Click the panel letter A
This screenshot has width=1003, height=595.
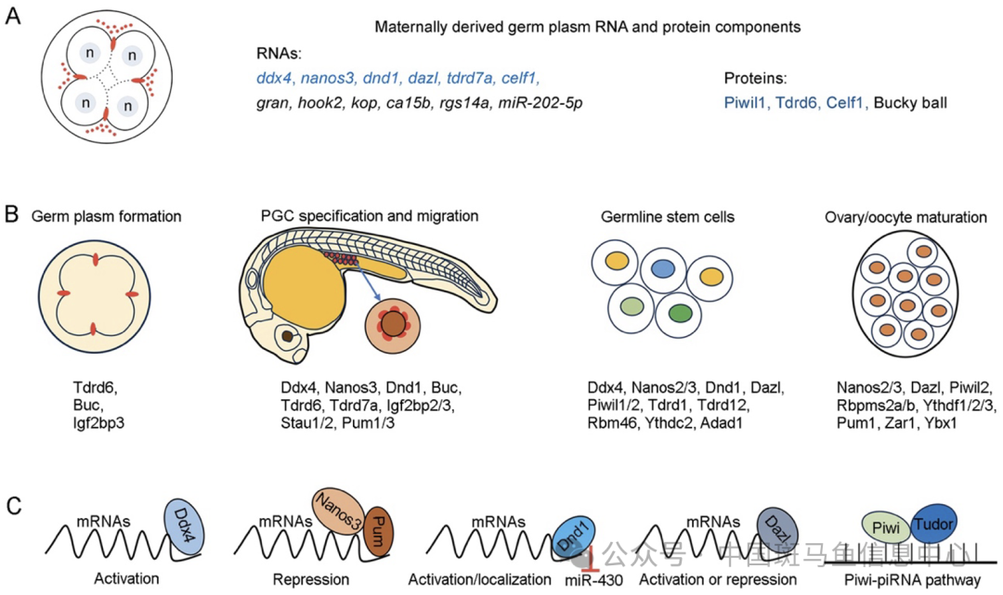12,19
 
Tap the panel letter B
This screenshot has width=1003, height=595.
12,217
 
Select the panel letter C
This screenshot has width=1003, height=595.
12,506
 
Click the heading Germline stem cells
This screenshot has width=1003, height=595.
667,217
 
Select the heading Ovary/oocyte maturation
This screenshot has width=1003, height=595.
905,217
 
